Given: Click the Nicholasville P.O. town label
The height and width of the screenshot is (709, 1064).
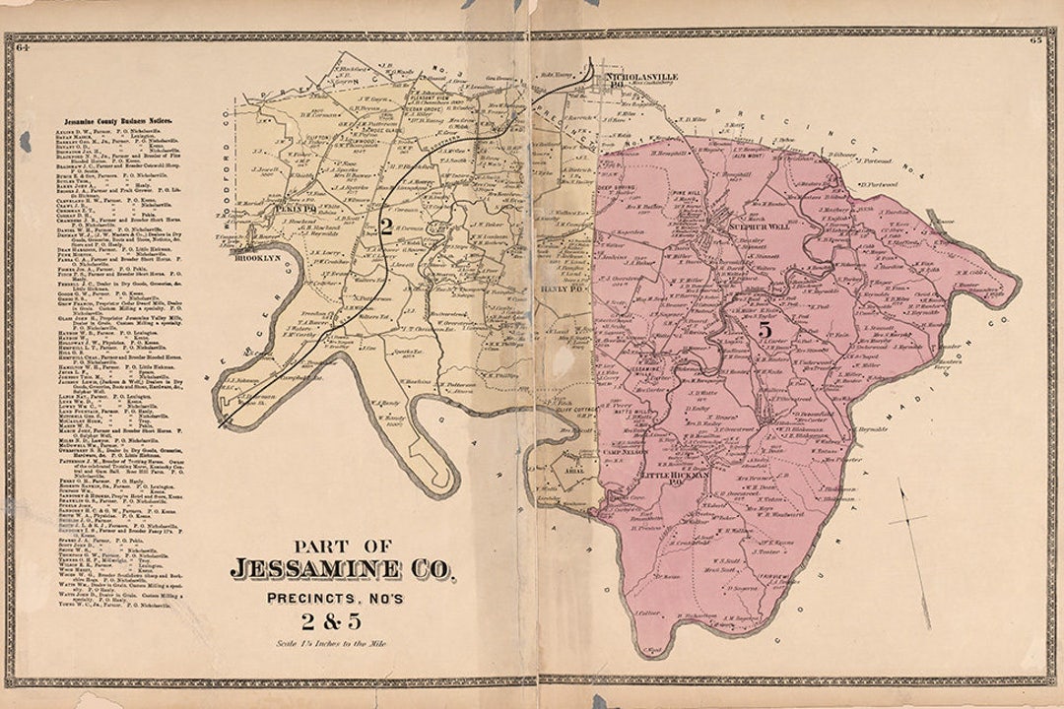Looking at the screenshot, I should [x=637, y=75].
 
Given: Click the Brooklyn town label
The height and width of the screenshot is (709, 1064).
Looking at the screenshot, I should [x=257, y=257].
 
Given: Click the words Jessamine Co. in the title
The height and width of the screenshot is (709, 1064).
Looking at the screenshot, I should [x=343, y=569].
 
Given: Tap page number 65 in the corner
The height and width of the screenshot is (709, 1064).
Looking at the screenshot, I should [x=1036, y=40].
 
